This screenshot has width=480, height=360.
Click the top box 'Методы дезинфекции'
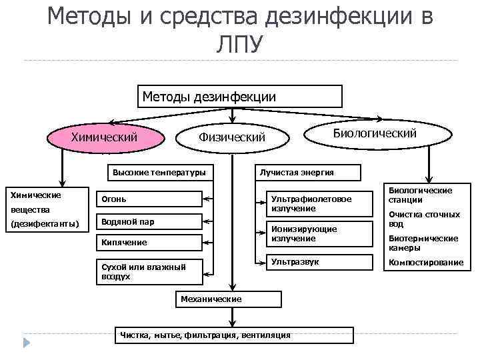239,97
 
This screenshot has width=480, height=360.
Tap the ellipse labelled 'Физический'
232,137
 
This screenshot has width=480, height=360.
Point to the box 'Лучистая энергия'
306,173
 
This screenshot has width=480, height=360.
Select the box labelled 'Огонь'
148,199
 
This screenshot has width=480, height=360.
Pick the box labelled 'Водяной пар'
148,221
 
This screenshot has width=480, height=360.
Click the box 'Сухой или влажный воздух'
148,271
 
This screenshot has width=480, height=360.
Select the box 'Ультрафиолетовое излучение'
311,203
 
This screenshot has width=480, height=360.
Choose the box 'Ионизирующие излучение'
311,233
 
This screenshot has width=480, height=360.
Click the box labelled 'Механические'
211,299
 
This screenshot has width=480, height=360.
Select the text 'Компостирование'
425,262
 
